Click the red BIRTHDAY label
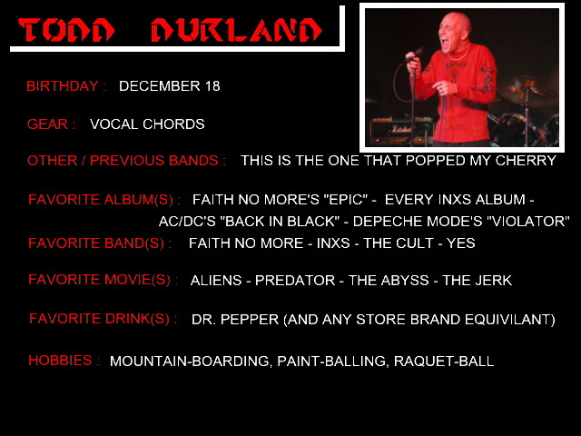pyautogui.click(x=63, y=86)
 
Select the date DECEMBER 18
pyautogui.click(x=170, y=86)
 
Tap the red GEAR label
pyautogui.click(x=47, y=124)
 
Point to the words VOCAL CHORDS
pyautogui.click(x=147, y=124)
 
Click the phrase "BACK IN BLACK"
pyautogui.click(x=280, y=222)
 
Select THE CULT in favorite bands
pyautogui.click(x=399, y=243)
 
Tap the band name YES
pyautogui.click(x=460, y=243)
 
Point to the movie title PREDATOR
pyautogui.click(x=295, y=281)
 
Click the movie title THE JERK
pyautogui.click(x=477, y=281)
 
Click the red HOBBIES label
pyautogui.click(x=60, y=361)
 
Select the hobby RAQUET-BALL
pyautogui.click(x=444, y=362)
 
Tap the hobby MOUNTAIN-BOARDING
pyautogui.click(x=191, y=362)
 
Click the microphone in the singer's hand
pyautogui.click(x=415, y=54)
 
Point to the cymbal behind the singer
pyautogui.click(x=525, y=86)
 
